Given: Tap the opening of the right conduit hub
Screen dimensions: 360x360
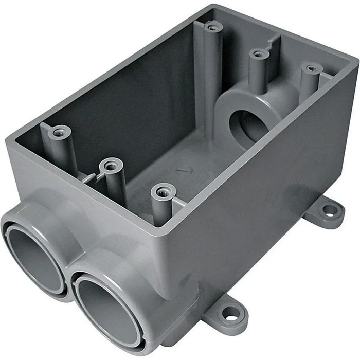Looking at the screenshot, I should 105,303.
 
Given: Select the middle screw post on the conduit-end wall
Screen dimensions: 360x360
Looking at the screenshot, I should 111,166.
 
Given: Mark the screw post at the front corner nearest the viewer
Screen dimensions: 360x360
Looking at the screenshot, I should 163,193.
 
